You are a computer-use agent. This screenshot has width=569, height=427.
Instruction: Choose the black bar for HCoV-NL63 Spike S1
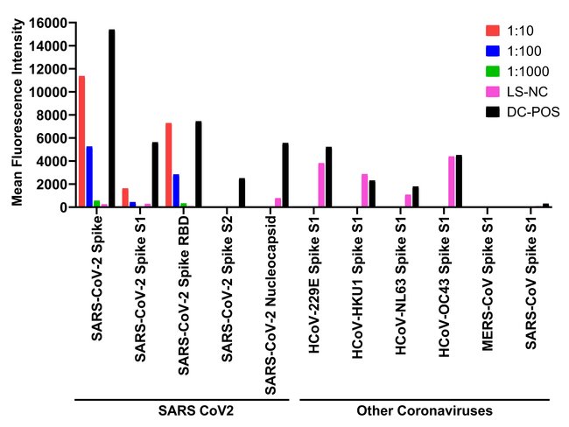[416, 197]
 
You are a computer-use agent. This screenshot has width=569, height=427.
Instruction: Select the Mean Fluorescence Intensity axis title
[17, 114]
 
